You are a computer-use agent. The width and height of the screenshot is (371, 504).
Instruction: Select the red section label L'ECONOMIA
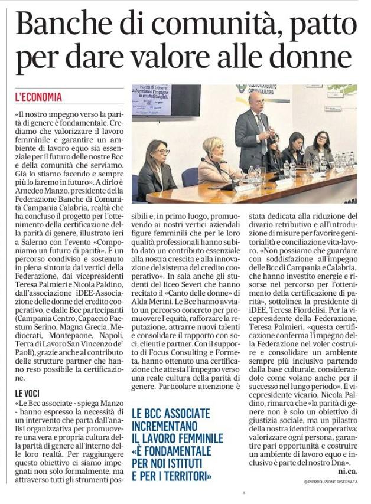coord(38,97)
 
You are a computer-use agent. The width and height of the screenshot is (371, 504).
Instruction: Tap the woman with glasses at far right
coord(322,148)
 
